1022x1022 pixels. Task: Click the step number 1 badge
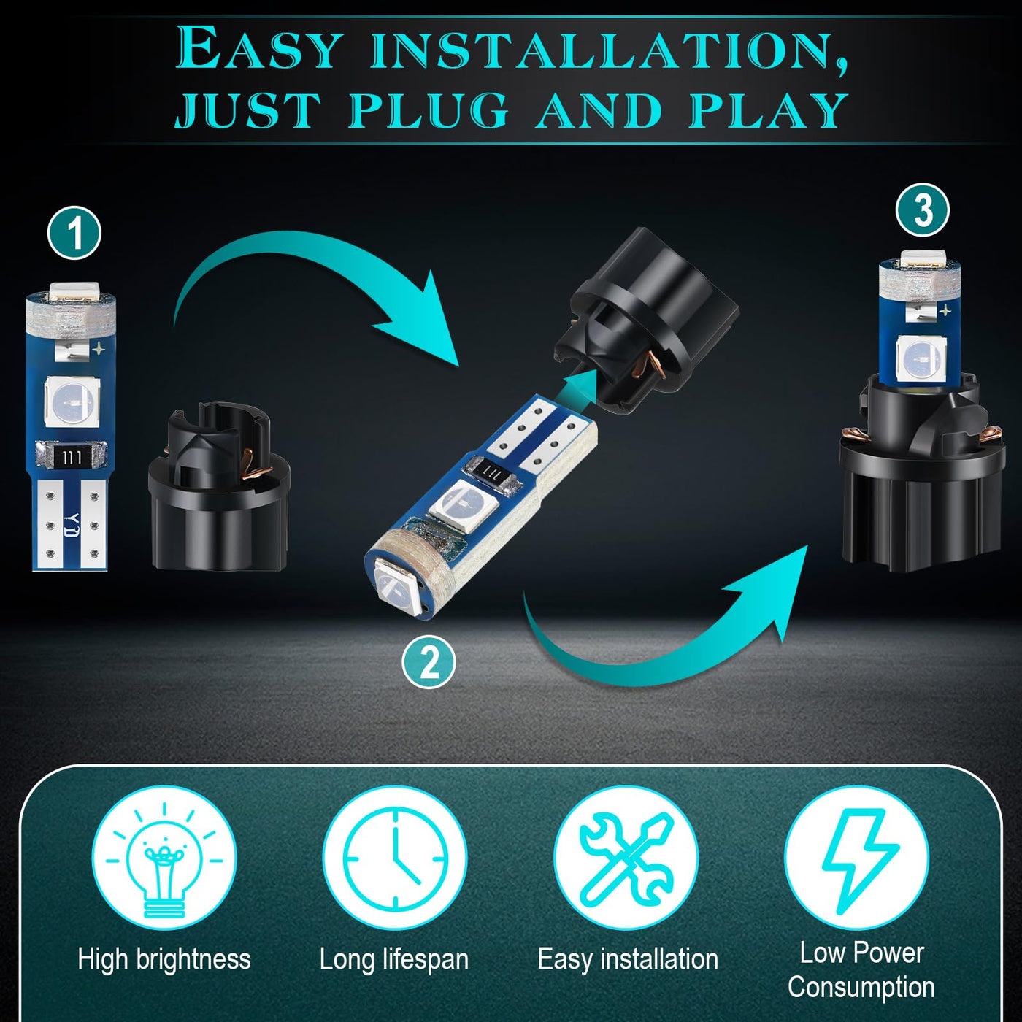[x=74, y=232]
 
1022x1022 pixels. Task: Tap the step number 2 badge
[x=429, y=661]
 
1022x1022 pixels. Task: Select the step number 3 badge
[x=923, y=210]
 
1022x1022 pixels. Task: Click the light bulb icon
[x=164, y=858]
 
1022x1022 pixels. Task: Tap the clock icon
[x=395, y=858]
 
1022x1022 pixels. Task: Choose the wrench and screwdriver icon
[x=626, y=858]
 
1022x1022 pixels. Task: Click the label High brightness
[x=164, y=960]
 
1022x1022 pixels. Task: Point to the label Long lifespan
[x=394, y=960]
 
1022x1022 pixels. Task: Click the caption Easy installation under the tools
[x=627, y=959]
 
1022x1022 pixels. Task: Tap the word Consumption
[x=861, y=987]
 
